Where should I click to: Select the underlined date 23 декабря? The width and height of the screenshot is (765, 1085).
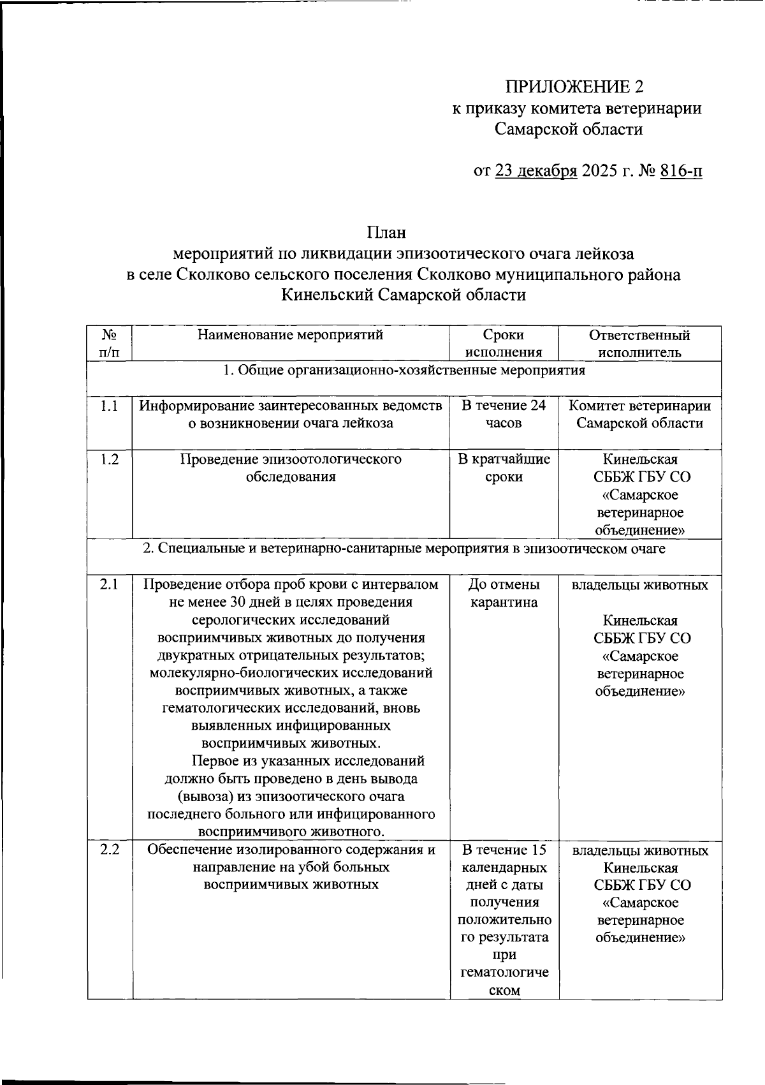535,171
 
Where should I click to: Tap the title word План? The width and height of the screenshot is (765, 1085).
386,233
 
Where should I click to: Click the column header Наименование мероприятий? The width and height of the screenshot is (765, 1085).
290,335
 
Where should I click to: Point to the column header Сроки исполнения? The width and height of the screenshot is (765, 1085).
504,343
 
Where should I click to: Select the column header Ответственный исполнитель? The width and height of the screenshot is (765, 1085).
639,343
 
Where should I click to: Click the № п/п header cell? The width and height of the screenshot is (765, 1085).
110,343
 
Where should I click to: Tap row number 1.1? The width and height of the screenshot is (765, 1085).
110,406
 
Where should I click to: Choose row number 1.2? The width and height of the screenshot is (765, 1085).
110,459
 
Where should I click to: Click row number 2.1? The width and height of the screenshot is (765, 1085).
110,584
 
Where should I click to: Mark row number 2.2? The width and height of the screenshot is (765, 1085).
110,850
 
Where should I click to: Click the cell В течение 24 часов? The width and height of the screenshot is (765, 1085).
504,414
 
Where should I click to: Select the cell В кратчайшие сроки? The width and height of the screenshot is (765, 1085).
504,468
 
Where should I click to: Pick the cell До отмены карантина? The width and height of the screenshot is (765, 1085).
504,593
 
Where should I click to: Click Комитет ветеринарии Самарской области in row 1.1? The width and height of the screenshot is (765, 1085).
639,414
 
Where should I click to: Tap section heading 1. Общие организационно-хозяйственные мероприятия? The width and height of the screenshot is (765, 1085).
404,371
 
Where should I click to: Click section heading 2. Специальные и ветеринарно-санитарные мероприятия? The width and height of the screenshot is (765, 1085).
404,548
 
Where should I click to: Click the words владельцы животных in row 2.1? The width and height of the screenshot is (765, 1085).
639,585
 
